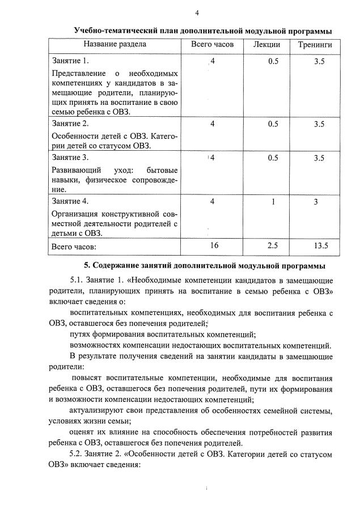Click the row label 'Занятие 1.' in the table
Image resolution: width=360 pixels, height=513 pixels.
click(70, 61)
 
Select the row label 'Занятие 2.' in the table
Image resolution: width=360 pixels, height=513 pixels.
click(70, 124)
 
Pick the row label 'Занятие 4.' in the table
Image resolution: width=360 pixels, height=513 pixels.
click(70, 201)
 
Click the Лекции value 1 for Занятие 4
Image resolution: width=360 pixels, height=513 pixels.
click(273, 201)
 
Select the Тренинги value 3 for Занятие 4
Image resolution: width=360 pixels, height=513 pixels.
click(319, 201)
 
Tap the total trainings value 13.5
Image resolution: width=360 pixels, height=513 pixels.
click(320, 245)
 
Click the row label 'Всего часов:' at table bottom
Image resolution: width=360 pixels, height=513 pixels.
click(74, 247)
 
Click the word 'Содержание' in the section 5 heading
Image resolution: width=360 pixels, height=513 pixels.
click(122, 265)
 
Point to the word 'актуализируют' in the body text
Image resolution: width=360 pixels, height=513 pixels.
click(98, 410)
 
